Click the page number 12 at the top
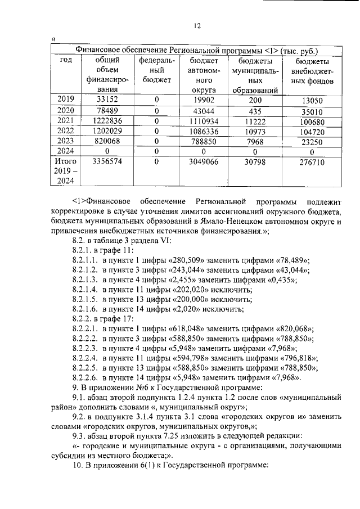(197, 25)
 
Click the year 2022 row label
(66, 130)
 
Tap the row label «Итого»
(66, 161)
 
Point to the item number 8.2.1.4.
(85, 289)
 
